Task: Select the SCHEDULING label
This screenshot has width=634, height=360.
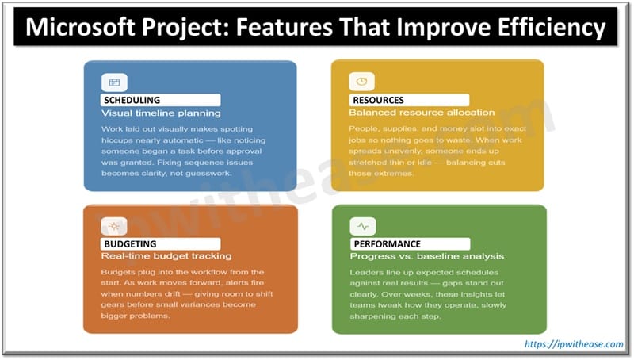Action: [x=132, y=100]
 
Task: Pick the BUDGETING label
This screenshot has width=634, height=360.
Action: [x=130, y=243]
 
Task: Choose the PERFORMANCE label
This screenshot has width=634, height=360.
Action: [x=388, y=243]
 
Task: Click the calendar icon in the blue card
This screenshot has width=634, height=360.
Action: [x=114, y=82]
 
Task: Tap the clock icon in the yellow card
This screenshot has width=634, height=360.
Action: [x=361, y=82]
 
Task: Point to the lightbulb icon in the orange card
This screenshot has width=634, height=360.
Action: [x=114, y=226]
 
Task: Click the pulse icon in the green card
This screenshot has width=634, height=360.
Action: [x=361, y=226]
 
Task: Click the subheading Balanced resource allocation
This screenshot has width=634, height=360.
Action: [x=422, y=113]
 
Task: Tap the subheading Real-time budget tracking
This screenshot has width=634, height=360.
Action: [x=166, y=256]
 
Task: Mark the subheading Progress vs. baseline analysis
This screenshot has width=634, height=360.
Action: [x=426, y=256]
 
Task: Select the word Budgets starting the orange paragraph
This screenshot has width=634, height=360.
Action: [x=118, y=271]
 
